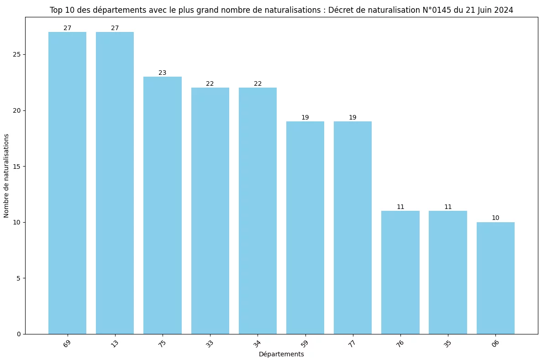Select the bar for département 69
click(x=67, y=183)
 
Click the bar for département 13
click(x=115, y=183)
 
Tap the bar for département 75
click(x=163, y=205)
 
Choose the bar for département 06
click(x=495, y=278)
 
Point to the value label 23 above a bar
click(x=163, y=73)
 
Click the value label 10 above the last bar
click(x=495, y=218)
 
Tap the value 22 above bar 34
click(x=258, y=84)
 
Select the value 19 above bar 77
click(x=353, y=118)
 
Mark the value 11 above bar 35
click(x=448, y=207)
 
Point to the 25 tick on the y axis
click(x=17, y=55)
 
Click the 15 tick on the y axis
click(x=17, y=167)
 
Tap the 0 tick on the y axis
click(x=19, y=334)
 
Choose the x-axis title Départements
click(x=281, y=354)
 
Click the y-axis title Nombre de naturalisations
click(x=6, y=176)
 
